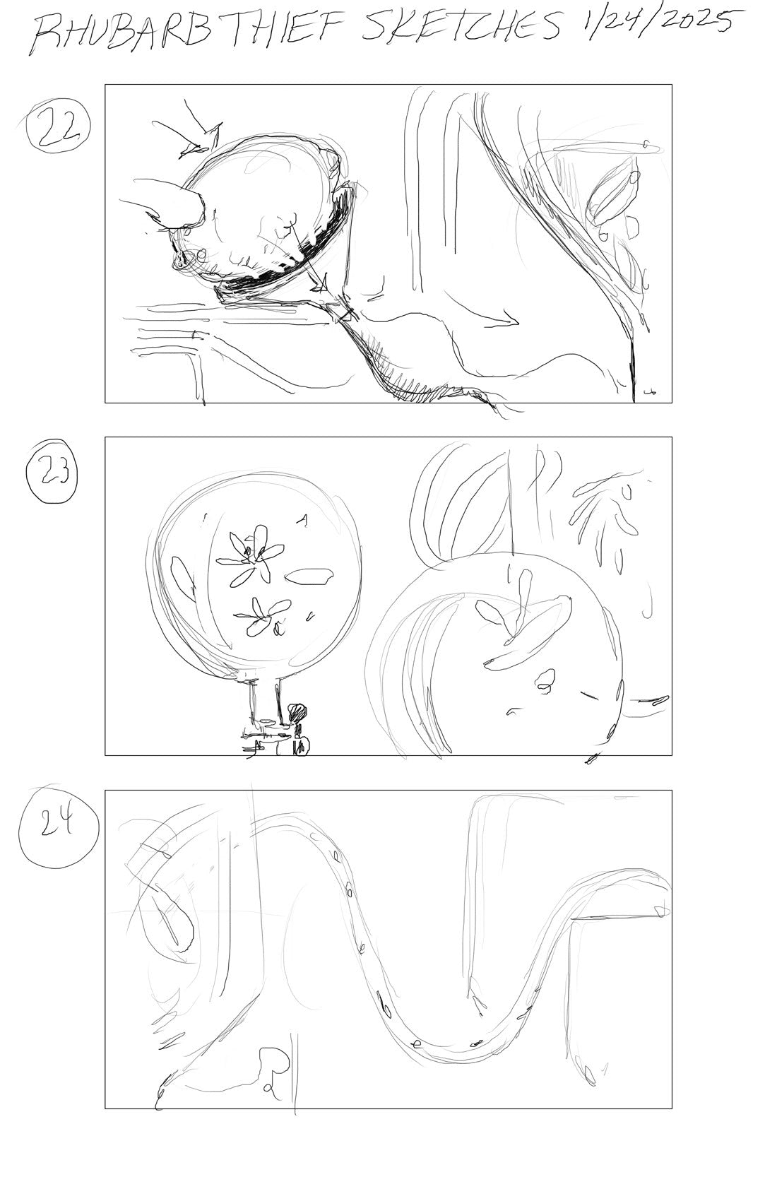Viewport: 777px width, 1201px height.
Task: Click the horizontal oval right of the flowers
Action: tap(309, 576)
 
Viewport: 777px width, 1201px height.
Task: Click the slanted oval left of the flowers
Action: tap(183, 576)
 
